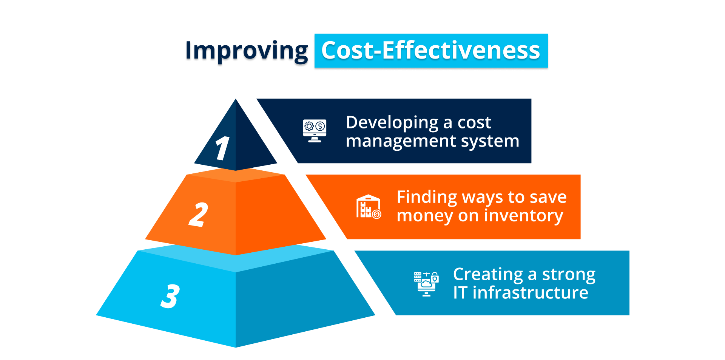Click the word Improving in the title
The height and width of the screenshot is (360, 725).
pos(247,51)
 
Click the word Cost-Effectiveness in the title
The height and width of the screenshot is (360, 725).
pos(431,50)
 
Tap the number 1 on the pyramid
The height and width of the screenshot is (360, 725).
pos(222,148)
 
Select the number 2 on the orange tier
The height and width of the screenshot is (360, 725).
pos(198,215)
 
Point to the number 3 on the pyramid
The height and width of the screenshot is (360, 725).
pos(170,296)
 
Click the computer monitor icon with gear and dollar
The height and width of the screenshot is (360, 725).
pos(315,131)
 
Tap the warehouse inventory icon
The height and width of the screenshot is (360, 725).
pos(369,207)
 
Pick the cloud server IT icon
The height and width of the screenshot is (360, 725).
pos(426,284)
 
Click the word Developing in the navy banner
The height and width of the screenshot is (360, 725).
pos(392,123)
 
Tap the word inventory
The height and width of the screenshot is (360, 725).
pos(523,216)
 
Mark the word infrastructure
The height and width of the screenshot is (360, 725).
pos(531,292)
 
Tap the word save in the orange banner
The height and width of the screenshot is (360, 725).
pos(548,198)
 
